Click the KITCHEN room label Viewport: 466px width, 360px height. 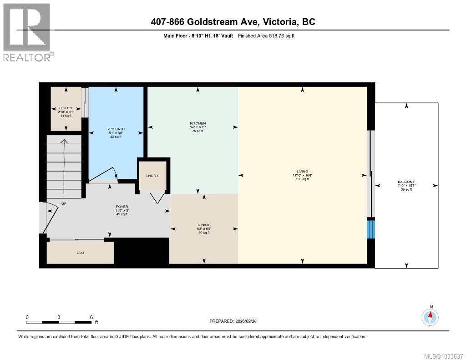click(x=198, y=123)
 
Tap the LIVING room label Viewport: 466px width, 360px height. click(x=302, y=172)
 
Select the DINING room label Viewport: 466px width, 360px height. click(x=203, y=224)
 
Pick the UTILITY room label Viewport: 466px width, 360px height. click(x=66, y=108)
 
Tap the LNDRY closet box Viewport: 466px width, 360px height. click(x=152, y=175)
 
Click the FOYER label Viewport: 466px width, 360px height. click(x=122, y=207)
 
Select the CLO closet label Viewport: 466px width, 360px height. click(x=81, y=253)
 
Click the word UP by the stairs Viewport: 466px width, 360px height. click(x=64, y=203)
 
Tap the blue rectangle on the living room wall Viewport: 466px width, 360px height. click(x=371, y=228)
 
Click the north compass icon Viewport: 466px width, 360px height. click(x=430, y=316)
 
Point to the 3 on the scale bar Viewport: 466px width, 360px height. click(x=59, y=317)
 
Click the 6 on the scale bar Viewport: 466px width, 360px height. click(x=91, y=317)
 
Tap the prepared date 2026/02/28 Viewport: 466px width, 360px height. click(x=247, y=321)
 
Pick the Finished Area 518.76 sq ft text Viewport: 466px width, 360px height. click(x=266, y=35)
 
